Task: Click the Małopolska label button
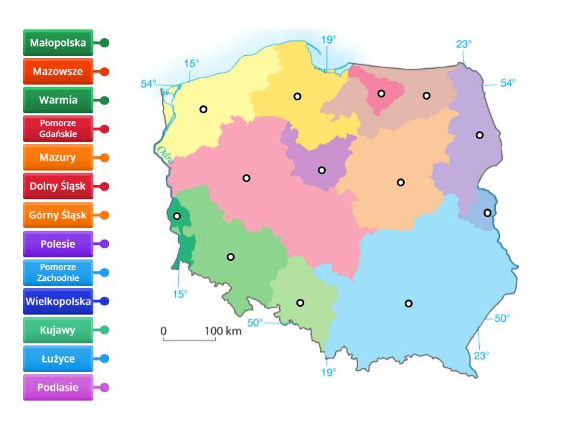58,43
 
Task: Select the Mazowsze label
58,72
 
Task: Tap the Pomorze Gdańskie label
58,129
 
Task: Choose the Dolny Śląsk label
58,186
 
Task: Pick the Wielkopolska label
58,301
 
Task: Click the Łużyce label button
58,358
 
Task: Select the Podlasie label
58,387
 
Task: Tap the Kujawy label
58,330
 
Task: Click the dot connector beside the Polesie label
105,244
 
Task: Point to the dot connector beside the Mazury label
105,158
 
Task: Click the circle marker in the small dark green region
177,216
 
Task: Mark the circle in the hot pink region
382,93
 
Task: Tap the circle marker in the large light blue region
408,303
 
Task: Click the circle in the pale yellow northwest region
203,109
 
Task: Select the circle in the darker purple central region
321,170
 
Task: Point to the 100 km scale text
223,330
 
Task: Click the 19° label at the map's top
328,40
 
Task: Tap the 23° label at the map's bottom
481,354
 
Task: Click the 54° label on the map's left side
148,84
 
